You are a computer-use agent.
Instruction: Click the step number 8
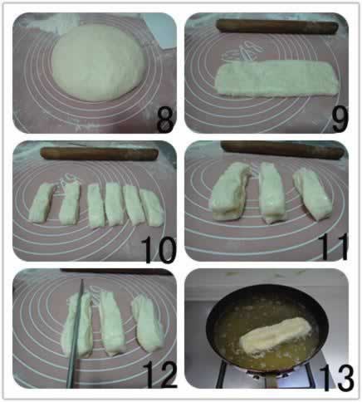tap(165, 119)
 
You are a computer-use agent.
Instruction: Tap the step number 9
tap(340, 119)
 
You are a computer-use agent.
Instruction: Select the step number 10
tap(159, 251)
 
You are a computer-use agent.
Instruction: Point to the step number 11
tap(333, 248)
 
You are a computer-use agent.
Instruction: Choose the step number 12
tap(160, 375)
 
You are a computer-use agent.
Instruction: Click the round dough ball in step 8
tap(97, 62)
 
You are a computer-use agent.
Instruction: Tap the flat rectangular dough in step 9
tap(276, 78)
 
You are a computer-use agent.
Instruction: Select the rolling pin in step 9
tap(276, 26)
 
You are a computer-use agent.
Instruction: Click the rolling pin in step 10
tap(100, 154)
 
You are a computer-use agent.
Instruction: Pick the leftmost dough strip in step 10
tap(41, 203)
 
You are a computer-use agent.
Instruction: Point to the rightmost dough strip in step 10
tap(151, 208)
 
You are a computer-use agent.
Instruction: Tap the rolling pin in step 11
tap(283, 150)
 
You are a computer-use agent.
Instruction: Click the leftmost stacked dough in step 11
tap(230, 192)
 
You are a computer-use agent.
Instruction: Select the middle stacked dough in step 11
tap(271, 193)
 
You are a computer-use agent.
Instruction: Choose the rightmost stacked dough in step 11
tap(312, 194)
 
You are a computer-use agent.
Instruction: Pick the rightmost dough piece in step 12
tap(147, 323)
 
